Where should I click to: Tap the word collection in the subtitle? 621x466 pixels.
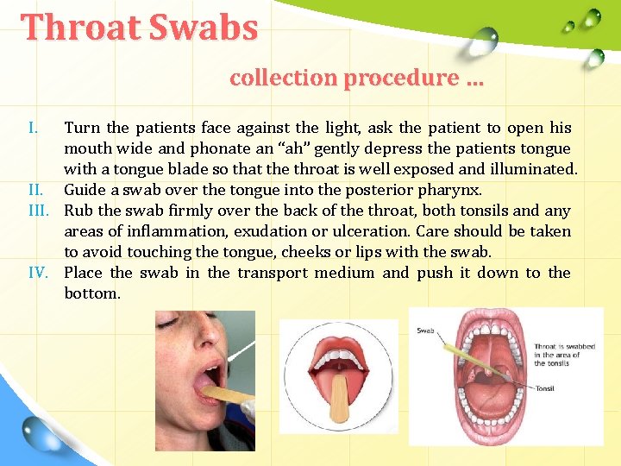[x=283, y=78]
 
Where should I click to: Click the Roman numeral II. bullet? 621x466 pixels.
[x=36, y=190]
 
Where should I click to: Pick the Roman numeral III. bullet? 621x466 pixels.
[x=41, y=211]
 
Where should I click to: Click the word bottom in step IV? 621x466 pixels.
[x=91, y=293]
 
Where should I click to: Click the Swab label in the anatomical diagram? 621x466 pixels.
[x=426, y=331]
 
